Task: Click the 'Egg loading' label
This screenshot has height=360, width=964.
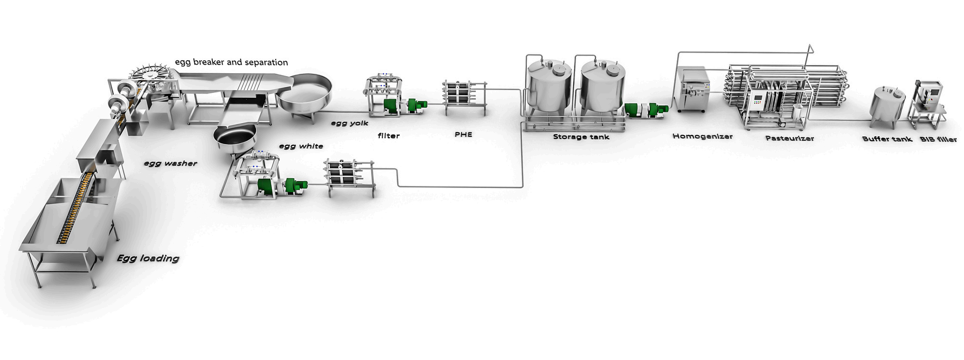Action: (148, 258)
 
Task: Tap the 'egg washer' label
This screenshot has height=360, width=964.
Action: (171, 163)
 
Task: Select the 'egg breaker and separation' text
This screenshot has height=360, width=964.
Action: (231, 62)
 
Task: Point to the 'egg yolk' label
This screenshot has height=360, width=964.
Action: (349, 123)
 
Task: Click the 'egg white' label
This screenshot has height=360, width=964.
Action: (301, 146)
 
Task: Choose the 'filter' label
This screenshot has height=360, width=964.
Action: (388, 135)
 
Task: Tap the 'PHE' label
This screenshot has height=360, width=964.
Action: (463, 134)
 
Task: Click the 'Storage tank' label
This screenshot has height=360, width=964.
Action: (581, 136)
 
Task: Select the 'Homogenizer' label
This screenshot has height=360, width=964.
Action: (702, 136)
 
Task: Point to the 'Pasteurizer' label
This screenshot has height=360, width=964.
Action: (790, 138)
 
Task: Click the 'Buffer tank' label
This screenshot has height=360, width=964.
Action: (887, 139)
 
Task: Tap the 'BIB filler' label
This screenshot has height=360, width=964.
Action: (938, 139)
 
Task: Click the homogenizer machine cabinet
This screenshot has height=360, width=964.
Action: (692, 89)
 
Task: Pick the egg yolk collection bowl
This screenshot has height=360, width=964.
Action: (305, 94)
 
